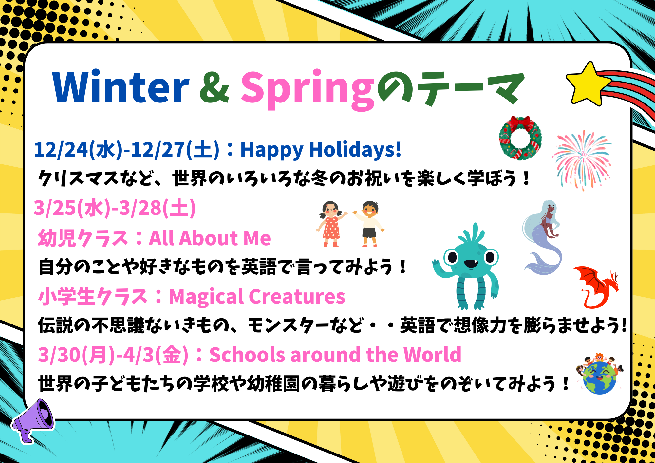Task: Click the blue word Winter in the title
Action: tap(121, 86)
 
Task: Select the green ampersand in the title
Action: tap(215, 87)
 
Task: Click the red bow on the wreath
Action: tap(520, 123)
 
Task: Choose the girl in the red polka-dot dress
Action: tap(331, 224)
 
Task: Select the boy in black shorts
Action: tap(369, 224)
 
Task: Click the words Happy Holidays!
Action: tap(321, 150)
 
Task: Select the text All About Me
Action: tap(210, 238)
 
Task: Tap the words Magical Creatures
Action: tap(257, 297)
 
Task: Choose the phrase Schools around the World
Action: tap(335, 355)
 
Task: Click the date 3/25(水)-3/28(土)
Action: tap(115, 208)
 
